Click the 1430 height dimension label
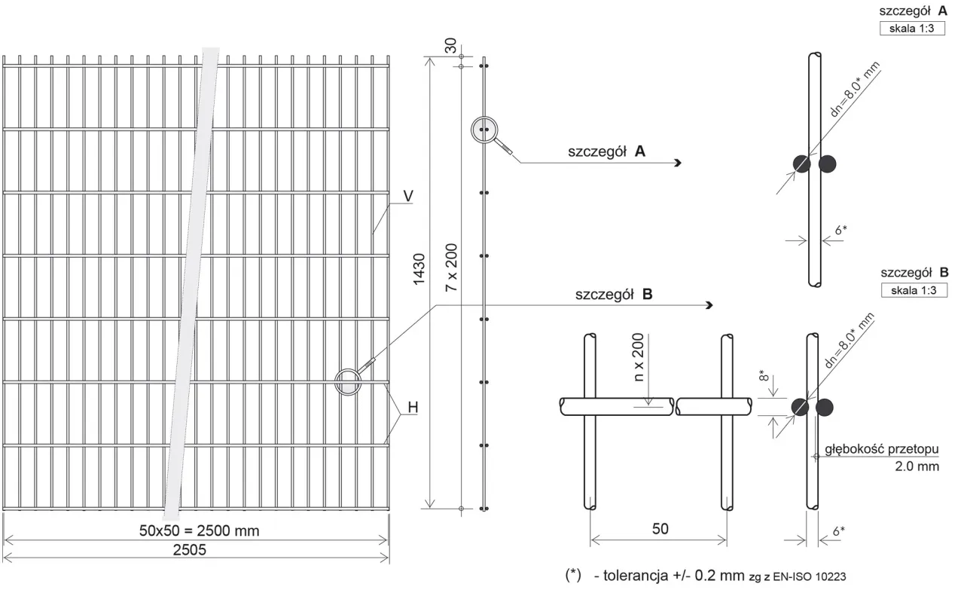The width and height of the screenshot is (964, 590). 419,269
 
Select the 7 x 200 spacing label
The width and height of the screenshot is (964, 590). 451,267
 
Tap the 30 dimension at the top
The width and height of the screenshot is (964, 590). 450,46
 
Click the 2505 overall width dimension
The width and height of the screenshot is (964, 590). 189,550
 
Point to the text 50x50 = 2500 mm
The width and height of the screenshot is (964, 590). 200,530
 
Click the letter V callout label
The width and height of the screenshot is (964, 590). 408,197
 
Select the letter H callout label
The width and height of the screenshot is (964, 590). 413,408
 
